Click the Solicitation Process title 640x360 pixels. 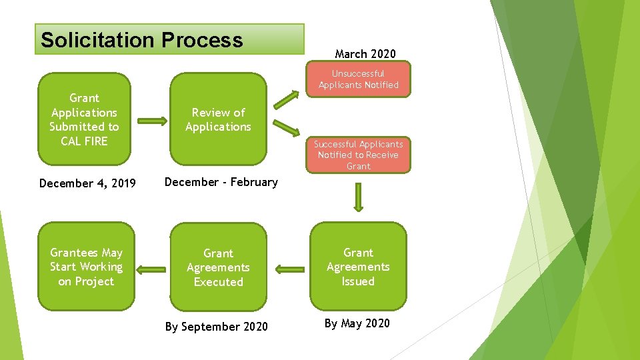point(142,40)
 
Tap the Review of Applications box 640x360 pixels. point(218,119)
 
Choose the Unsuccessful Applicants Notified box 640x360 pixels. point(359,79)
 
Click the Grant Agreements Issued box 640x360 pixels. point(358,267)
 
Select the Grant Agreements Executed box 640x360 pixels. point(218,267)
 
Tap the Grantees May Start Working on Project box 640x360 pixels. point(86,267)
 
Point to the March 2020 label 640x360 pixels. point(365,54)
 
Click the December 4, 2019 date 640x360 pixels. point(87,183)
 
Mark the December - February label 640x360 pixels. point(221,182)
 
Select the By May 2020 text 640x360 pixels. point(357,323)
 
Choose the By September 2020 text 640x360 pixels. point(216,327)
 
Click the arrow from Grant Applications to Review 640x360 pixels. point(153,121)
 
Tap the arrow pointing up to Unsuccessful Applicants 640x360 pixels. point(287,99)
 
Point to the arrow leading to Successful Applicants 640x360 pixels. point(287,128)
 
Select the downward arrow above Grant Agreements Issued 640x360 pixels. point(359,197)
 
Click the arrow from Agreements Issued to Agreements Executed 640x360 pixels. point(289,270)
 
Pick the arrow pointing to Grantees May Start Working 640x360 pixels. point(151,269)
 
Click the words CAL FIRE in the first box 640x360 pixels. point(84,141)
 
